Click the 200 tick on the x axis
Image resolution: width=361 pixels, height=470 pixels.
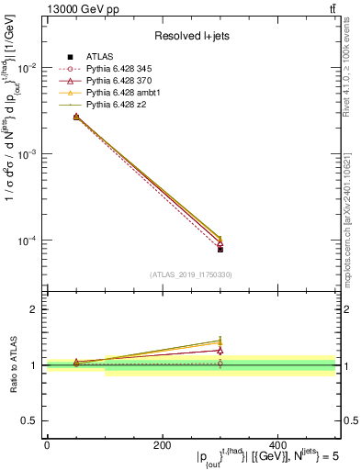163,445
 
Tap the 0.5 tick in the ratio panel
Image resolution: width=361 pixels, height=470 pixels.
33,420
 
